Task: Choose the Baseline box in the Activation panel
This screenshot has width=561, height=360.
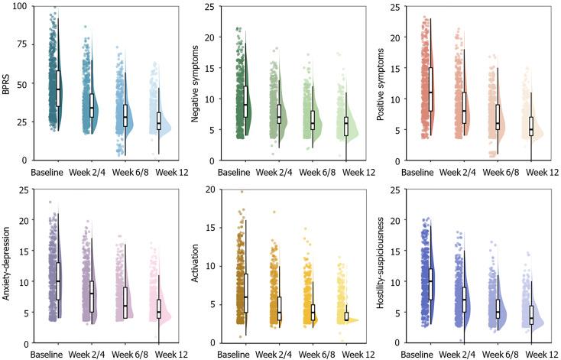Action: (x=245, y=292)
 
